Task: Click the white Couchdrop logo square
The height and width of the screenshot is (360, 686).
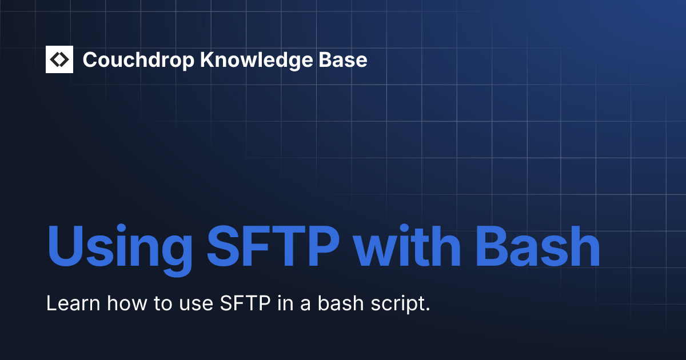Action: coord(59,59)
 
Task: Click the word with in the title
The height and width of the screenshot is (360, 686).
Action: coord(406,247)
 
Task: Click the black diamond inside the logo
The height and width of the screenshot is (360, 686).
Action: coord(59,59)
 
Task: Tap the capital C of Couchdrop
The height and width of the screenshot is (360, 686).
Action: coord(90,59)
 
